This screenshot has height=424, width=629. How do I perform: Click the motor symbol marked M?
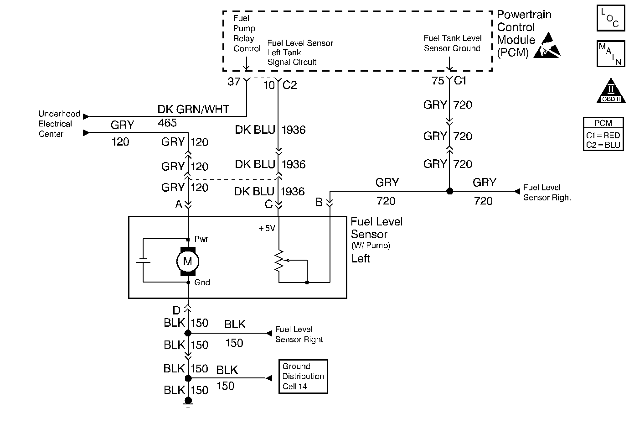pyautogui.click(x=188, y=262)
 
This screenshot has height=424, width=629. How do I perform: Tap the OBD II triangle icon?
pyautogui.click(x=609, y=92)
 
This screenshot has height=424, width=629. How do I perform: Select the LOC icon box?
pyautogui.click(x=610, y=18)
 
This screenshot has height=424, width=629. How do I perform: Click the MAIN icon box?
pyautogui.click(x=610, y=54)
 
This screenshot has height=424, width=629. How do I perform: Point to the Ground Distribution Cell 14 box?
pyautogui.click(x=303, y=377)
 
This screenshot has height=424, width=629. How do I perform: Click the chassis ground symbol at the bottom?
pyautogui.click(x=188, y=402)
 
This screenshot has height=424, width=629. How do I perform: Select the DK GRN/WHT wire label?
pyautogui.click(x=193, y=110)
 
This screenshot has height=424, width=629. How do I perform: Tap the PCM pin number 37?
pyautogui.click(x=234, y=82)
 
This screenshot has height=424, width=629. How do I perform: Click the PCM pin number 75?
pyautogui.click(x=438, y=81)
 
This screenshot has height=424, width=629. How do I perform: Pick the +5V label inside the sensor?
pyautogui.click(x=267, y=228)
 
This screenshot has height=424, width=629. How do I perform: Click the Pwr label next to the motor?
pyautogui.click(x=201, y=239)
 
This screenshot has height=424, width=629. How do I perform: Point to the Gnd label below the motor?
pyautogui.click(x=202, y=283)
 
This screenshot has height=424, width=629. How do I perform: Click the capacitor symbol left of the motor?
pyautogui.click(x=143, y=261)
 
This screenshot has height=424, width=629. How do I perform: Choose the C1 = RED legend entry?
pyautogui.click(x=603, y=136)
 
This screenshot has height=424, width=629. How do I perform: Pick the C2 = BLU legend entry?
pyautogui.click(x=603, y=145)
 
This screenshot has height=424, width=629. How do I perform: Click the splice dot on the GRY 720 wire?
pyautogui.click(x=449, y=191)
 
